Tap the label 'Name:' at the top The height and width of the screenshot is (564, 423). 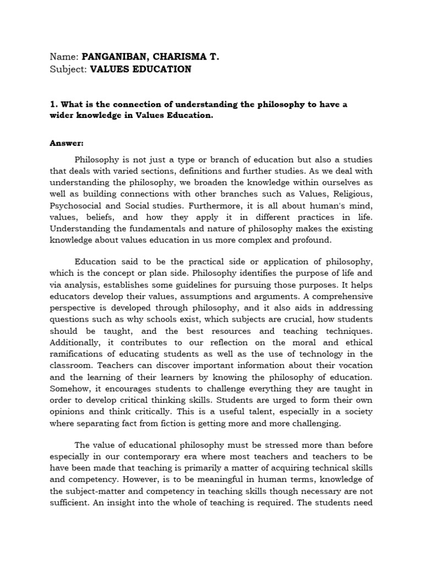[x=64, y=57]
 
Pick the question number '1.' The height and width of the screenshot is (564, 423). [x=53, y=105]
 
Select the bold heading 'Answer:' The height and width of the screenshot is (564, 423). [x=67, y=143]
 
